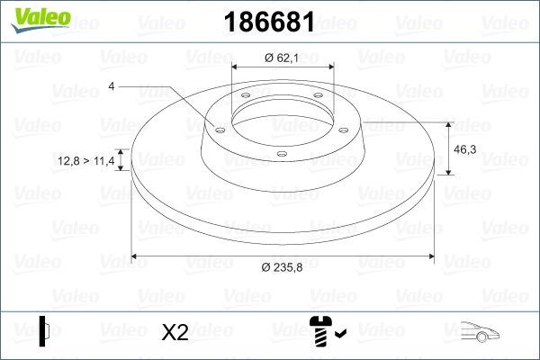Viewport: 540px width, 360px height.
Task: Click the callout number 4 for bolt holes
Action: coord(112,86)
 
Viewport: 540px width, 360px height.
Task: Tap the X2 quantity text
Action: coord(175,332)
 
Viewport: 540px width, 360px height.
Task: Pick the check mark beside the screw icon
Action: coord(339,334)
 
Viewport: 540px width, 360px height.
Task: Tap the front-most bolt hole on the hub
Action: coord(281,153)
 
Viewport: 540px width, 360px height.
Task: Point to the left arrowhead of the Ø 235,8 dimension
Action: coord(135,257)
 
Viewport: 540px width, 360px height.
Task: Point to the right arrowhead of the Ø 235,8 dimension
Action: coord(431,257)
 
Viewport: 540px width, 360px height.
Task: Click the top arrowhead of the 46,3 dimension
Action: coord(449,123)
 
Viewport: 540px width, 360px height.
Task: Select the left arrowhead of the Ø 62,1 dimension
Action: coord(236,67)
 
